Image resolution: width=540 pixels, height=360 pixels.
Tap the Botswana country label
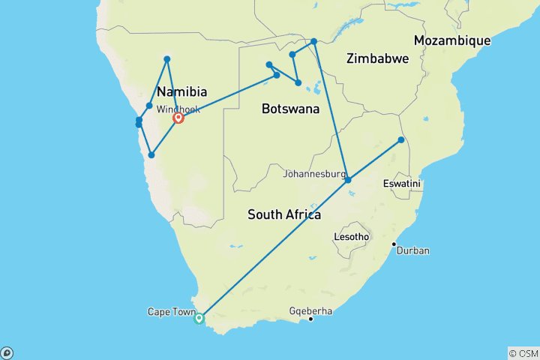pos(290,109)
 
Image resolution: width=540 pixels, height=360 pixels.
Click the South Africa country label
pos(284,215)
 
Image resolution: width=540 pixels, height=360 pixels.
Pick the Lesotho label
pos(351,237)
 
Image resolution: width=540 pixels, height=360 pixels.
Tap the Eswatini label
pos(401,184)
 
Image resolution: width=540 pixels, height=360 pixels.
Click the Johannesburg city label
pos(315,174)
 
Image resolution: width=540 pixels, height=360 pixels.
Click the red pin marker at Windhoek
pos(179,118)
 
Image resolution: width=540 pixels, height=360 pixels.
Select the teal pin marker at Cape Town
pos(199,318)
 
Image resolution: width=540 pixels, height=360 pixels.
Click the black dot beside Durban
pos(394,244)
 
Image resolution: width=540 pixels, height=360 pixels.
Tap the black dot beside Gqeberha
pos(311,319)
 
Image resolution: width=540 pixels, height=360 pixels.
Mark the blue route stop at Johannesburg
pos(348,180)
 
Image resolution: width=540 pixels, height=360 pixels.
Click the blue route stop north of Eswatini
pos(401,140)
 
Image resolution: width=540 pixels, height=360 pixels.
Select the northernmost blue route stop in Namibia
pos(167,59)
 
